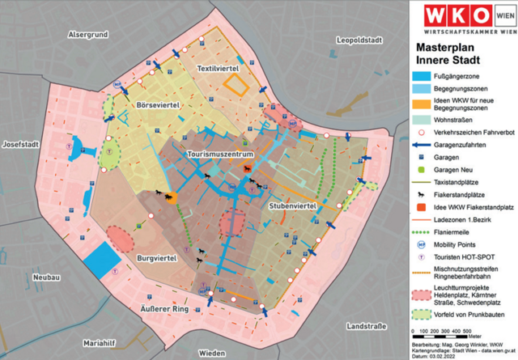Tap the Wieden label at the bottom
pos(212,353)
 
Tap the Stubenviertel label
pos(291,207)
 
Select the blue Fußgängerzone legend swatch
pos(424,74)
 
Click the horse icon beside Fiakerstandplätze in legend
pos(424,195)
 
